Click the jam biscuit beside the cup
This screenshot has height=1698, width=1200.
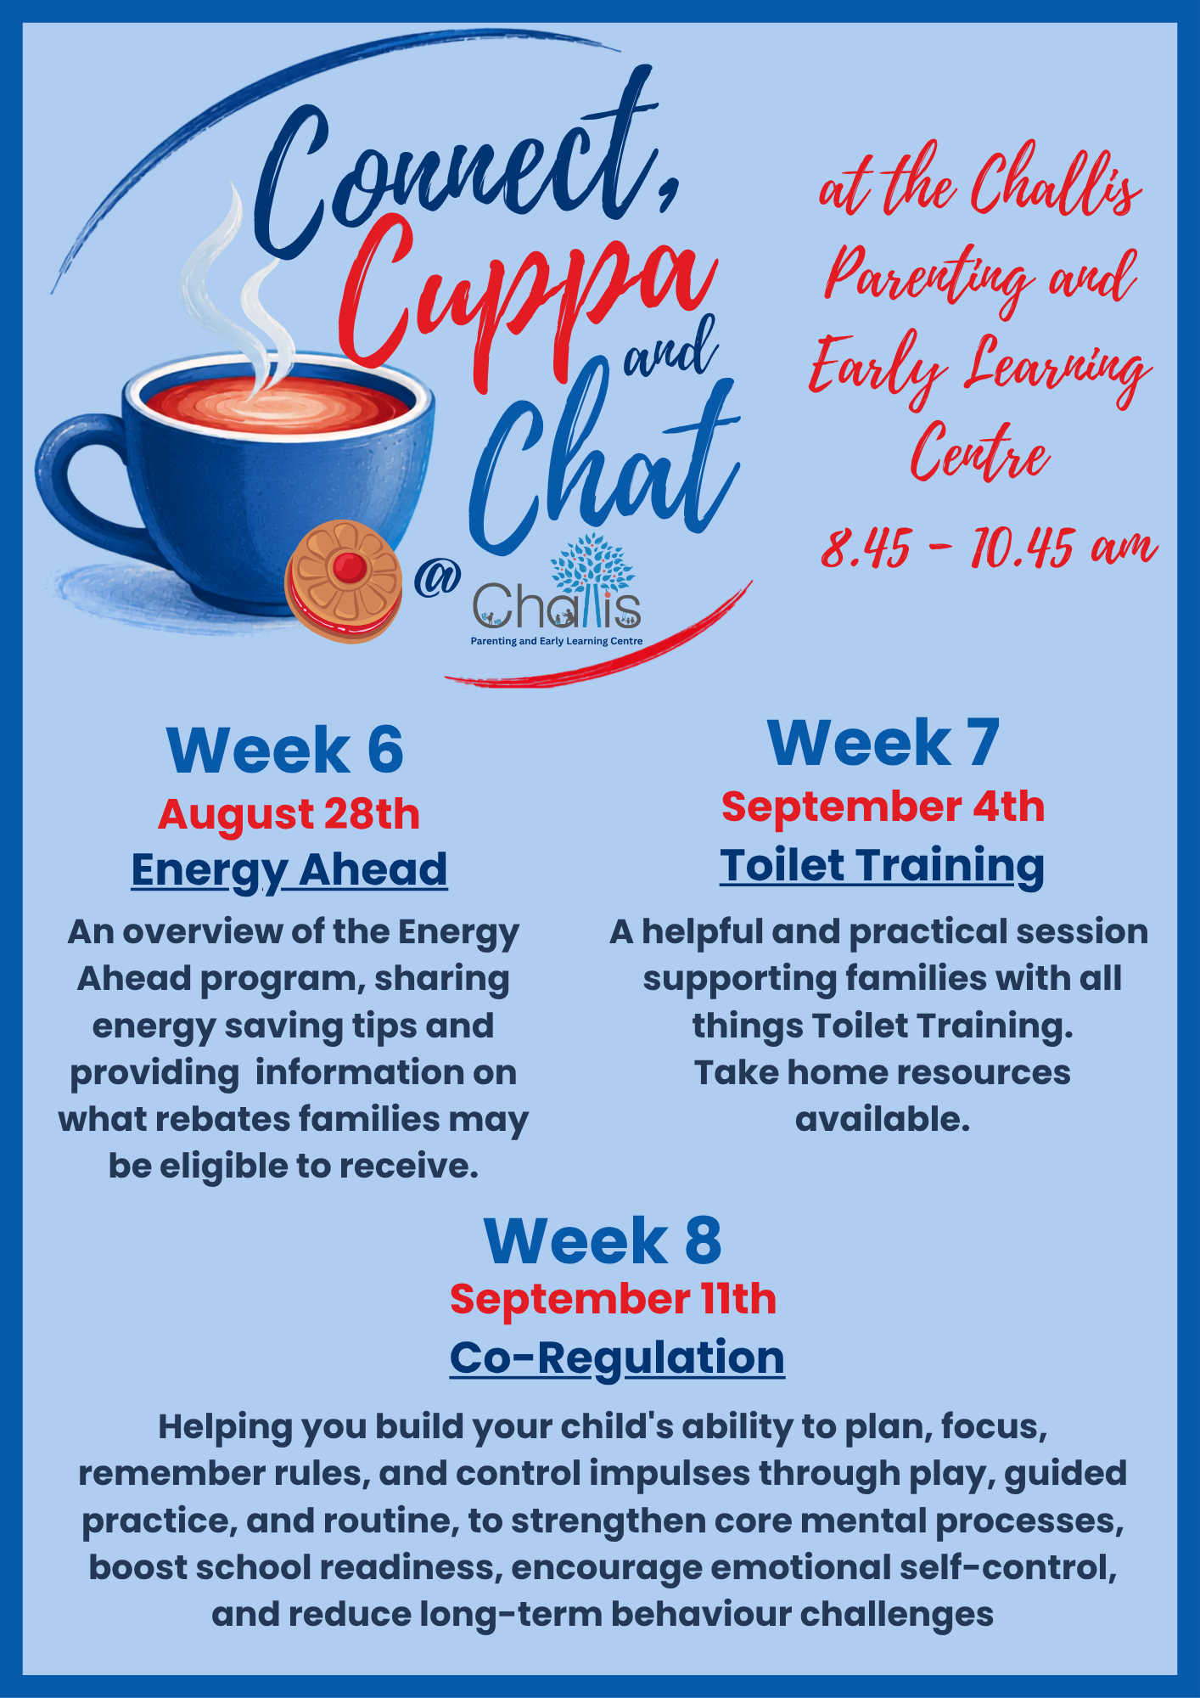(x=343, y=582)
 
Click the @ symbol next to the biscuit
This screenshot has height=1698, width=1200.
(x=437, y=580)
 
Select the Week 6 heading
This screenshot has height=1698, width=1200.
(x=285, y=751)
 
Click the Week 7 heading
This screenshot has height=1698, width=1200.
(x=883, y=743)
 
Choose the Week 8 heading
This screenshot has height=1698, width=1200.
(x=603, y=1240)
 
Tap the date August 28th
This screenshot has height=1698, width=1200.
(x=289, y=814)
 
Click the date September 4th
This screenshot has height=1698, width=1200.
(x=883, y=807)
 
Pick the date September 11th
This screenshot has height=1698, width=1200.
(x=613, y=1299)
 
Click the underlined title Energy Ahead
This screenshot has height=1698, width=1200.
(x=289, y=870)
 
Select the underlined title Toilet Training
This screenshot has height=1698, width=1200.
(x=882, y=866)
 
